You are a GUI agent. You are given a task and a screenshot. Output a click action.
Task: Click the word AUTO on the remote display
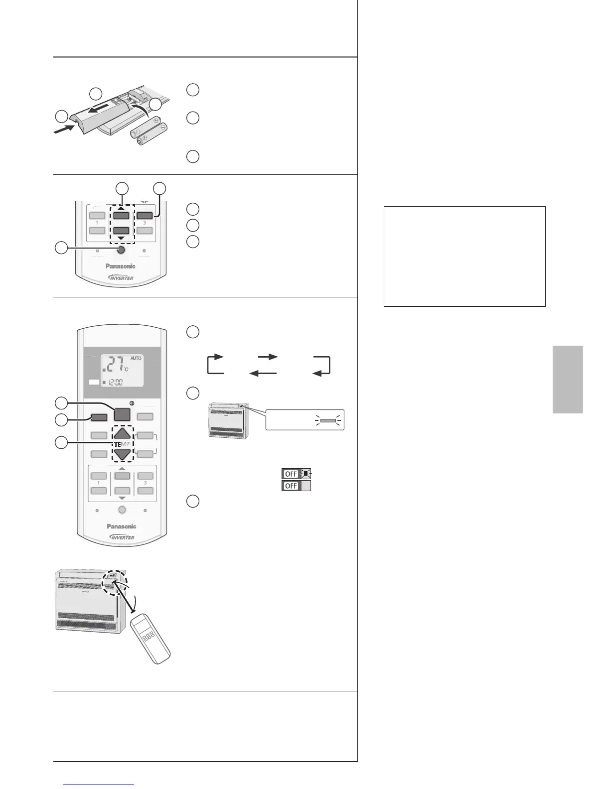tap(137, 358)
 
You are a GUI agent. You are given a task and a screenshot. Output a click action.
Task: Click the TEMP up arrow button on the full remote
tap(122, 433)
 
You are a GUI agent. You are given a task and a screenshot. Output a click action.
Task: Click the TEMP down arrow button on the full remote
tap(122, 454)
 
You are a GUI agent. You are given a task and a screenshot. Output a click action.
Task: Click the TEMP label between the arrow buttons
tap(122, 444)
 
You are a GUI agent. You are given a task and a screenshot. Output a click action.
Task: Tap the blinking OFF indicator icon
tap(297, 474)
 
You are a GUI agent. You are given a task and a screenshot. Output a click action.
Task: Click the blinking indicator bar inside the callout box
tap(328, 420)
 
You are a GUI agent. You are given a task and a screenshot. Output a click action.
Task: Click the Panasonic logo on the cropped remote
tap(121, 266)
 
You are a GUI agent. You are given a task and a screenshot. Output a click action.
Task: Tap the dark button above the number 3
tap(145, 216)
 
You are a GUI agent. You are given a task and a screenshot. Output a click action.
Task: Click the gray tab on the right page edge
tap(568, 379)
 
